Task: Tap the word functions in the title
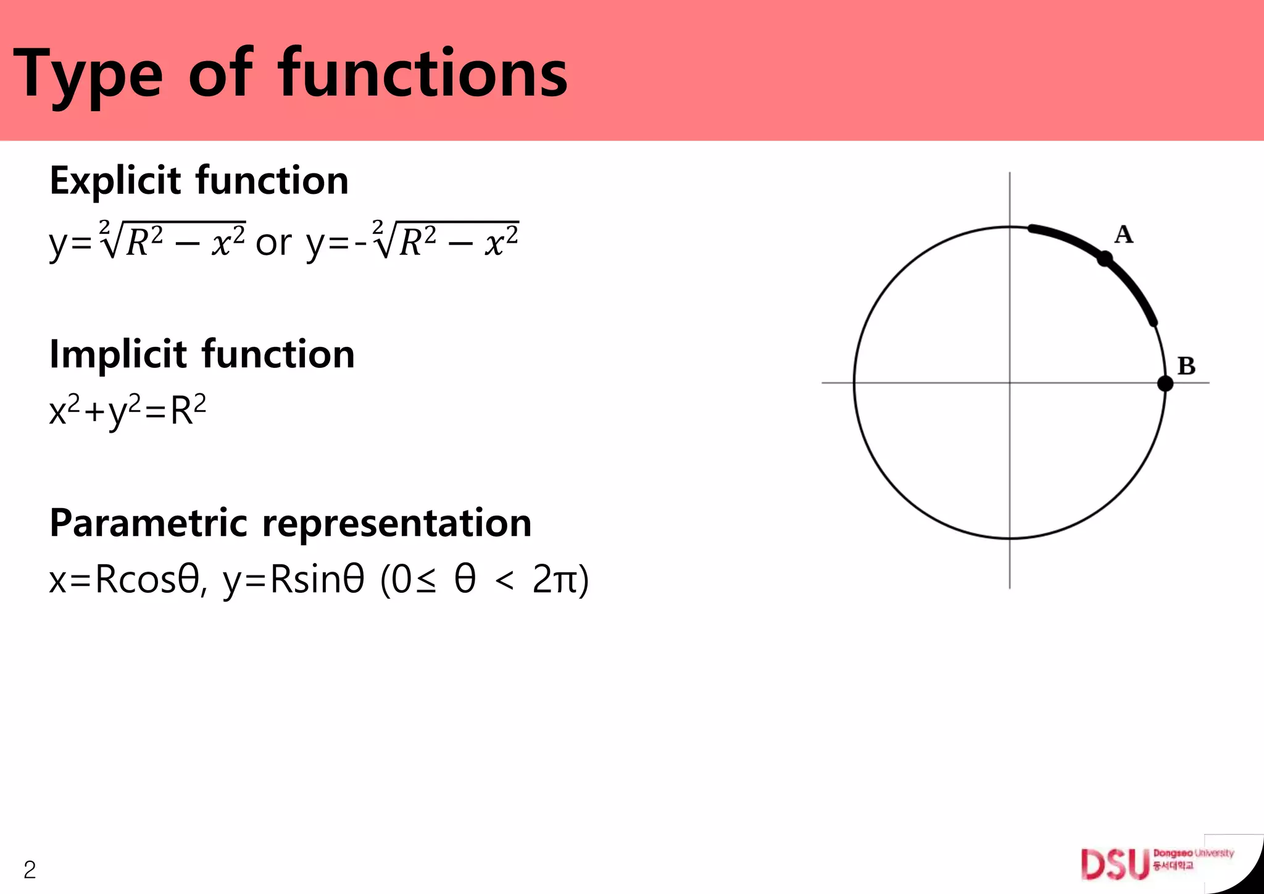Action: [423, 74]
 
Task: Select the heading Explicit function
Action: [199, 180]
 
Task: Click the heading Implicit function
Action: [202, 354]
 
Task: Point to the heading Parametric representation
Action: [290, 523]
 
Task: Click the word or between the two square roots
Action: [273, 243]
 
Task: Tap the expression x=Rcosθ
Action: [123, 580]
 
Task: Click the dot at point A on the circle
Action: [1105, 258]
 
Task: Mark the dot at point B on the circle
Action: [1165, 383]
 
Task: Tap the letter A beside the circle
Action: [1124, 235]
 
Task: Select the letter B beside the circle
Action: [1186, 366]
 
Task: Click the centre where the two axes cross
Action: [1010, 383]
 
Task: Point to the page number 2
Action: [29, 870]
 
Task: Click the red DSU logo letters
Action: [1115, 864]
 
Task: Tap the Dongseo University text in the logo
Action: [1193, 853]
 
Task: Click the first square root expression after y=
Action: [173, 241]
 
